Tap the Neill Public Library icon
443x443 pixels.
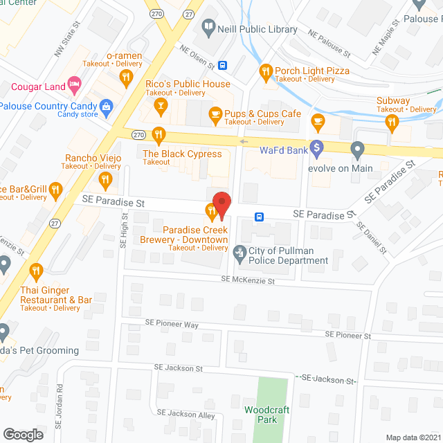click(x=208, y=28)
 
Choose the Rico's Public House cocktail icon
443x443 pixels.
click(x=161, y=105)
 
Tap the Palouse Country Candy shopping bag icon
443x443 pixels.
click(x=106, y=106)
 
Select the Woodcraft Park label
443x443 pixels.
click(x=266, y=414)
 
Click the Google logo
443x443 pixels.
click(x=23, y=434)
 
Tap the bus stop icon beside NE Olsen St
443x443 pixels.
click(x=223, y=66)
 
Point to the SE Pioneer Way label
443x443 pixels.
click(x=172, y=324)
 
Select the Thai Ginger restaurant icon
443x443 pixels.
click(x=36, y=271)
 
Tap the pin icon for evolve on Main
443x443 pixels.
click(x=357, y=149)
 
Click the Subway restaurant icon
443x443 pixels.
click(x=392, y=122)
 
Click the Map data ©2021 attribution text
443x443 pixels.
click(x=413, y=437)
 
